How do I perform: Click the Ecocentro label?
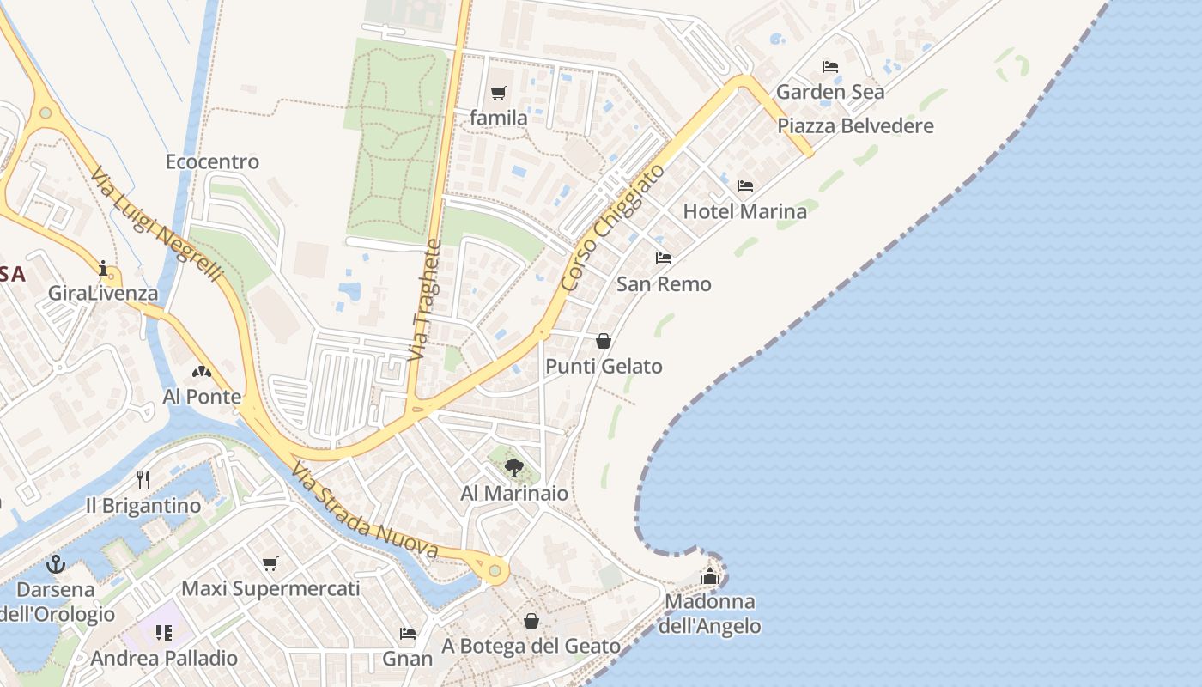coord(212,161)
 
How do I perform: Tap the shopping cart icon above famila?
coord(498,94)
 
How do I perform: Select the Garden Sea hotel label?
coord(830,92)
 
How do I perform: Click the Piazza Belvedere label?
coord(855,126)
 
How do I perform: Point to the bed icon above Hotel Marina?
coord(744,186)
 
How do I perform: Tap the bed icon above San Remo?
coord(663,258)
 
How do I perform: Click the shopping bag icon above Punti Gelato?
coord(604,341)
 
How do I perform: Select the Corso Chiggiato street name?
coord(612,227)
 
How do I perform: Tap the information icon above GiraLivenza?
coord(104,269)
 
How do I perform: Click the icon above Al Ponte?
coord(202,372)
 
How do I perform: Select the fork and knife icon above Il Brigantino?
coord(143,480)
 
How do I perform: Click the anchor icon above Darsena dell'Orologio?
coord(56,564)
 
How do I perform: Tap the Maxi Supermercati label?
coord(270,589)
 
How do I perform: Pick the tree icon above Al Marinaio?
coord(513,468)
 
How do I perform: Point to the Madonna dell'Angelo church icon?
coord(709,576)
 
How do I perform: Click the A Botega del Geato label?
coord(531,646)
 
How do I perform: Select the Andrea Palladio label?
coord(164,659)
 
